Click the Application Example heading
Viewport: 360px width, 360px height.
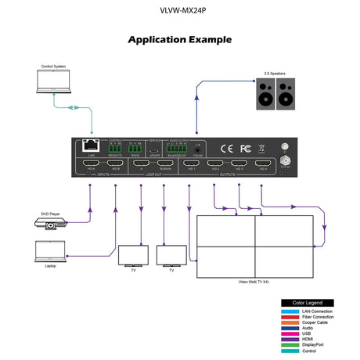coord(179,38)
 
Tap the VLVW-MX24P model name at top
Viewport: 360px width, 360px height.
coord(179,12)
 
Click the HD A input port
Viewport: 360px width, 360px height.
coord(92,165)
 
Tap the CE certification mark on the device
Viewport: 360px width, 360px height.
coord(226,147)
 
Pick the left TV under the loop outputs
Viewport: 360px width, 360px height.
coord(132,256)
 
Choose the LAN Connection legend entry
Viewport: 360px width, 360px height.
coord(317,311)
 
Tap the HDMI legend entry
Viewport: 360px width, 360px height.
coord(308,337)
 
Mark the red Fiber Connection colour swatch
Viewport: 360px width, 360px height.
coord(288,317)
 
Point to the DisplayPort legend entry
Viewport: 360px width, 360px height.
coord(314,344)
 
